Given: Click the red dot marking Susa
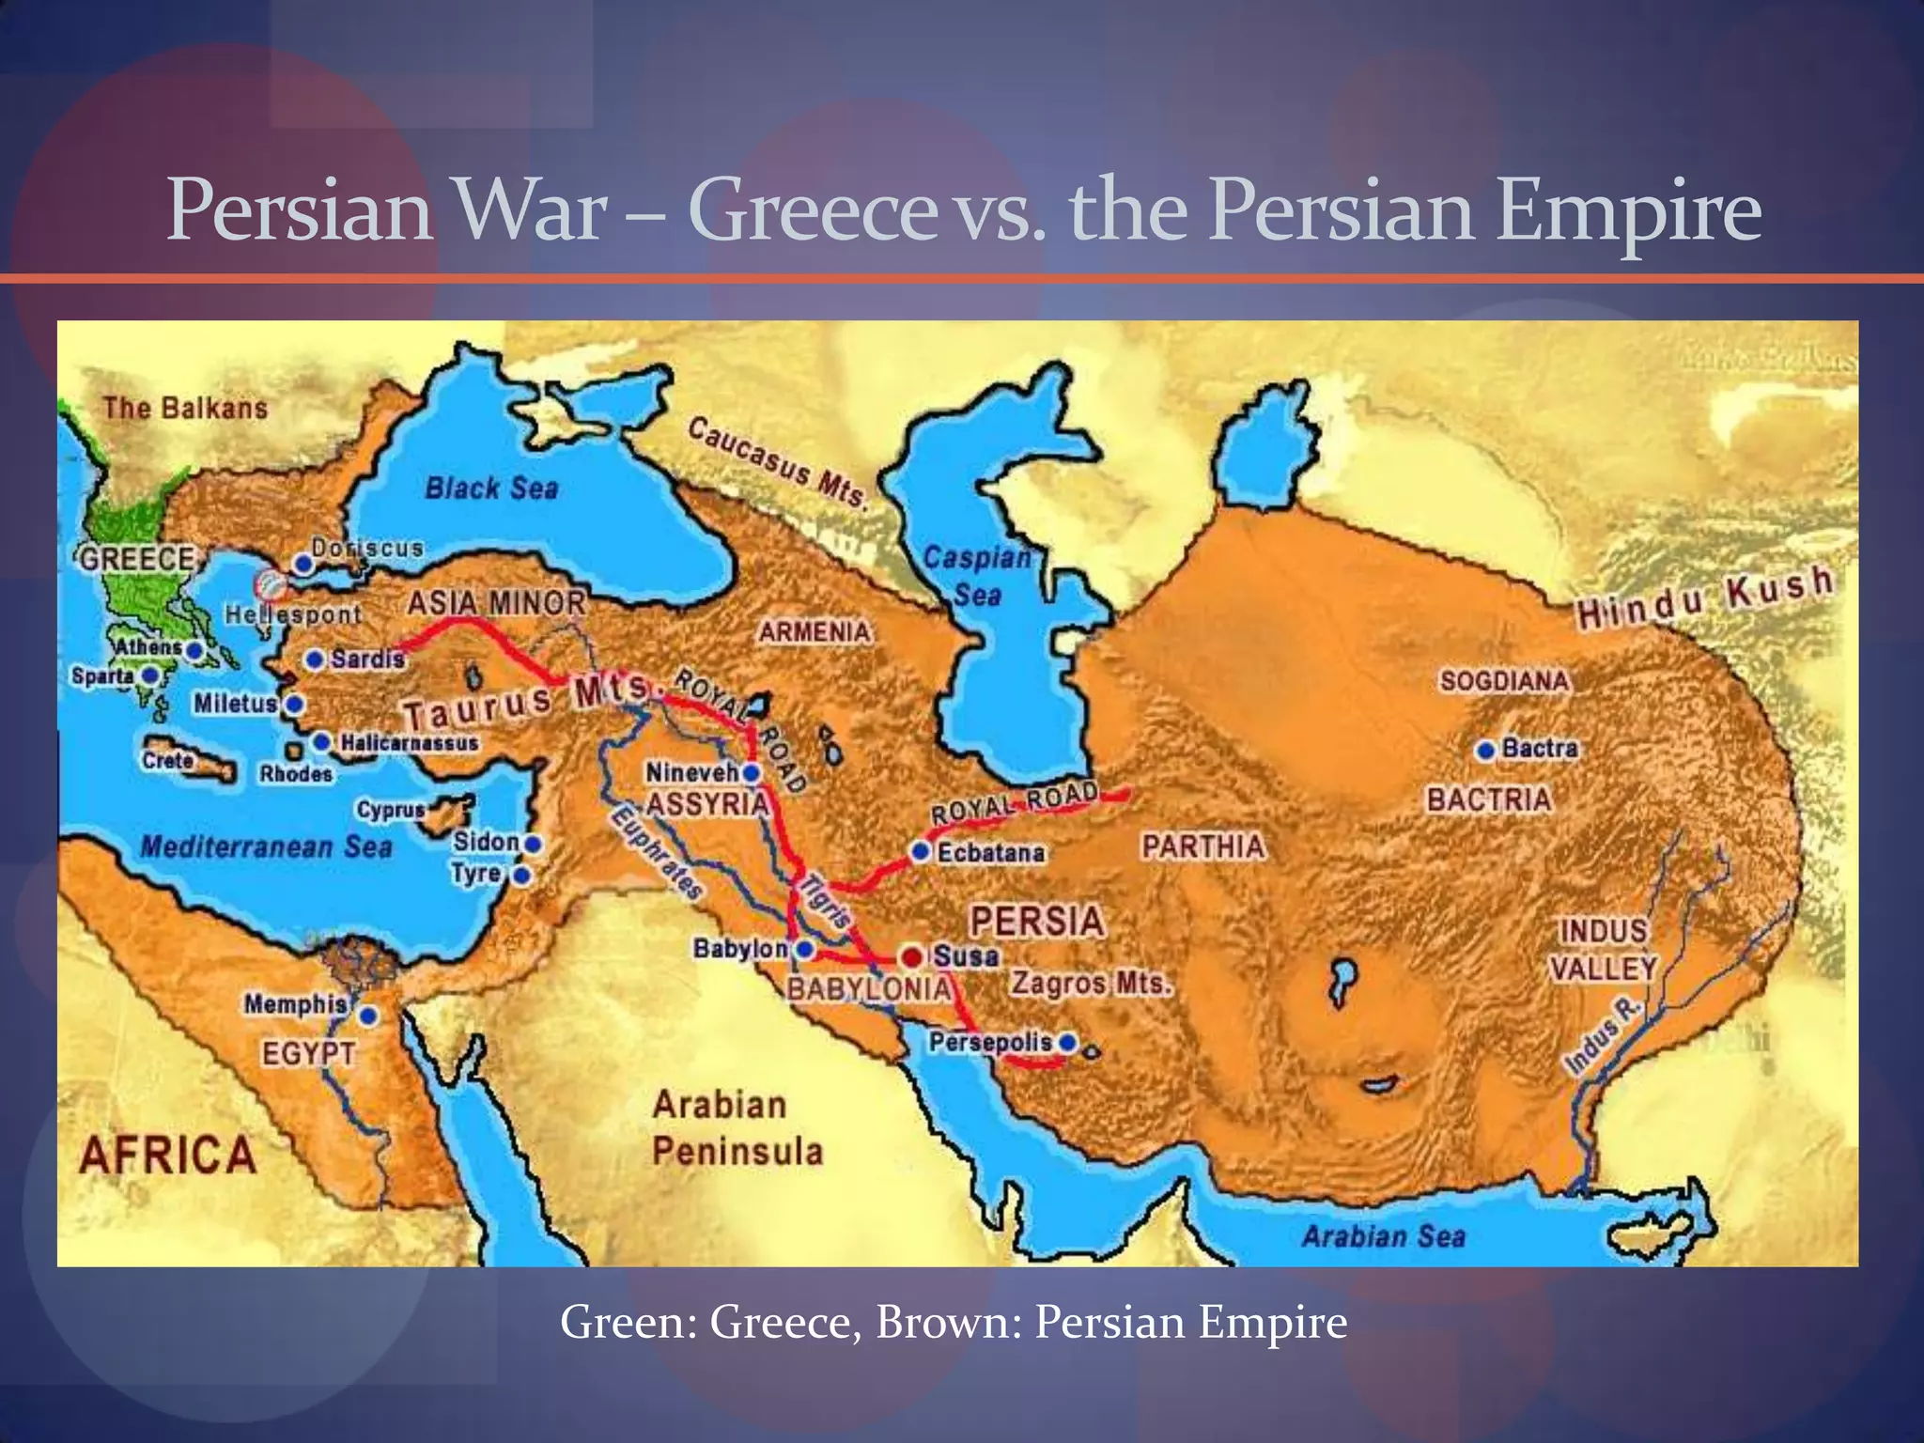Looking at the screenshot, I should tap(910, 957).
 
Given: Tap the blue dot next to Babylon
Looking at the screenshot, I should tap(804, 949).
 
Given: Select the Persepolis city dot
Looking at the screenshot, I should tap(1066, 1043).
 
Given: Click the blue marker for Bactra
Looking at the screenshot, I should tap(1485, 751).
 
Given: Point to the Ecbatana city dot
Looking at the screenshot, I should tap(921, 852).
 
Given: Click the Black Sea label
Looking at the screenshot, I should tap(491, 489).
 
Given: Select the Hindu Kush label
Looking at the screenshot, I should tap(1704, 597).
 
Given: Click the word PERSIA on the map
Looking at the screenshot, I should tap(1037, 921).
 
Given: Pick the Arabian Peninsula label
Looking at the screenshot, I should tap(737, 1127).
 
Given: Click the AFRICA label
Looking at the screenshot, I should tap(168, 1155).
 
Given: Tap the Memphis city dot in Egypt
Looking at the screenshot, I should tap(368, 1016).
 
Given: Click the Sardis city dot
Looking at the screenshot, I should tap(315, 659).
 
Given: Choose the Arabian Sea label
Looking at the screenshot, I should tap(1383, 1236).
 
